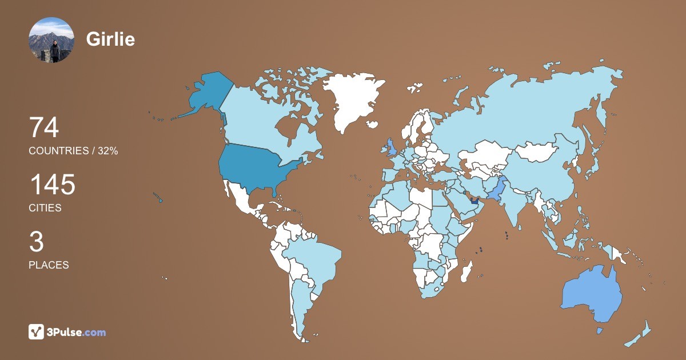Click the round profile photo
51,40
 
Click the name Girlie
110,39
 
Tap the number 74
44,127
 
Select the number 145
52,185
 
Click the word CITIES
45,208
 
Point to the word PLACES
49,265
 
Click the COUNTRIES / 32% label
73,151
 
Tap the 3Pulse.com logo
67,332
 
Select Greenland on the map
352,100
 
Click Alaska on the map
206,94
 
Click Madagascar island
467,270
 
